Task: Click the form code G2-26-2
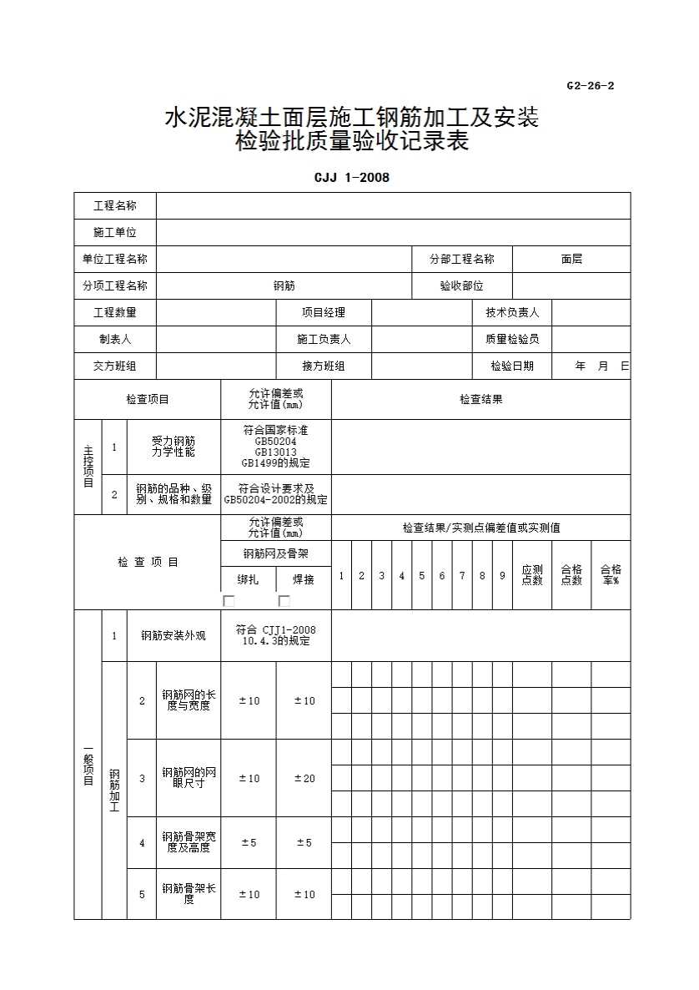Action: [590, 85]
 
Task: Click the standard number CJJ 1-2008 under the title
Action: [351, 177]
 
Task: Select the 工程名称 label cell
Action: [115, 206]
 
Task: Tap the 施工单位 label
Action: [115, 233]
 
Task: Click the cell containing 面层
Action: [571, 260]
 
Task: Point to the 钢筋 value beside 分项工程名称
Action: [284, 286]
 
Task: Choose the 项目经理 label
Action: [324, 313]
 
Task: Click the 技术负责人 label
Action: [512, 313]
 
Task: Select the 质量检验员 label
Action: [512, 340]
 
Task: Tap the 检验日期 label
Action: [512, 366]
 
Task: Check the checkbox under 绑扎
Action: [229, 601]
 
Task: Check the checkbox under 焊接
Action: [284, 601]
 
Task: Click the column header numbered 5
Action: [422, 576]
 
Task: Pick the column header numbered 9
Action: [502, 576]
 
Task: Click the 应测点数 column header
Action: [532, 575]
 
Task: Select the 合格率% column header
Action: [611, 575]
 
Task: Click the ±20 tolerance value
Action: [304, 778]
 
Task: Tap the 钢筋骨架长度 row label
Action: [189, 894]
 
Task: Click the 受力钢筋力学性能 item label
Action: [173, 447]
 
